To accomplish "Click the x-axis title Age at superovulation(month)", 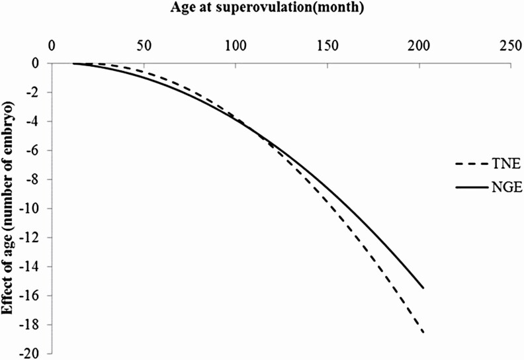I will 261,9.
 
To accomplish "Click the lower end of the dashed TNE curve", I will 423,332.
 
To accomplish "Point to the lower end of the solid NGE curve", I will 423,288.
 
